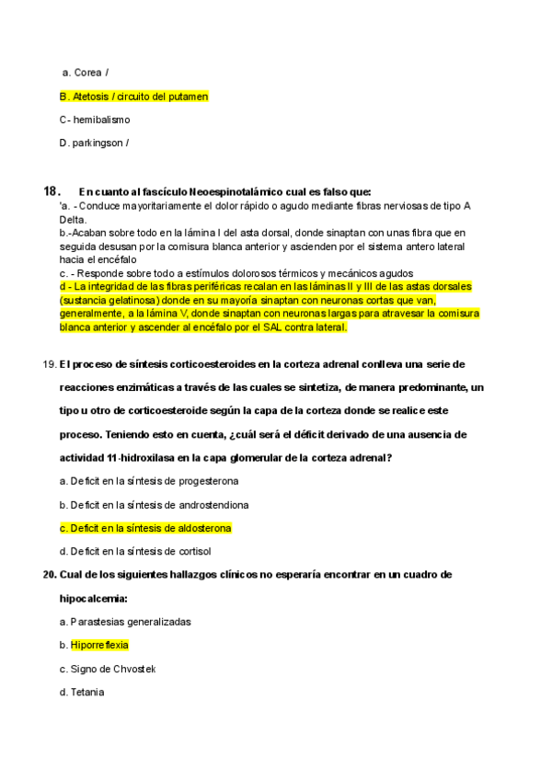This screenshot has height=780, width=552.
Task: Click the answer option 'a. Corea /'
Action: [86, 72]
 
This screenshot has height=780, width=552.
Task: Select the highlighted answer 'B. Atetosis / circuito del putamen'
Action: [133, 96]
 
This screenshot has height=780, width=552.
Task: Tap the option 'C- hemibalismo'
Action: [95, 120]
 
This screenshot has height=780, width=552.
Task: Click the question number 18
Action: [51, 191]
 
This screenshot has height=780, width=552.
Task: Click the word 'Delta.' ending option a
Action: [74, 220]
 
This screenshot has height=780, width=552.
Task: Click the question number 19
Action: [50, 364]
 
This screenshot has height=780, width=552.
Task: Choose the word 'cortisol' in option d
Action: [192, 551]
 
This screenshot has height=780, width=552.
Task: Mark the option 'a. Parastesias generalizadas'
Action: [125, 622]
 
